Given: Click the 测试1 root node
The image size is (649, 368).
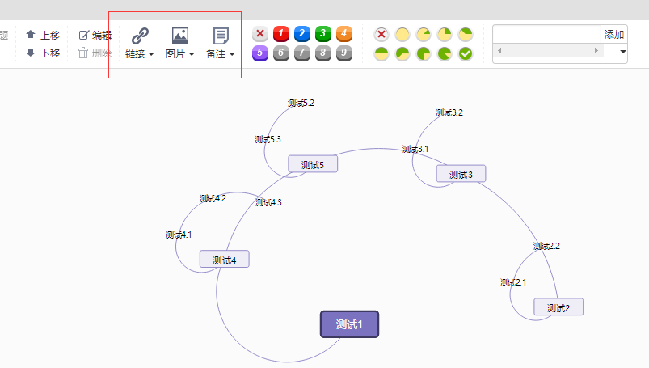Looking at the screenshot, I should (x=349, y=324).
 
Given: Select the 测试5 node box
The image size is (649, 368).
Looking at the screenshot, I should (x=313, y=164).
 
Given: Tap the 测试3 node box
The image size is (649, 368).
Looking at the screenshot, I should (x=461, y=174).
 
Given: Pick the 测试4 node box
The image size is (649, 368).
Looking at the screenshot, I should (x=224, y=260).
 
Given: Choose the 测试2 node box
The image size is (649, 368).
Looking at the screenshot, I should (x=558, y=307).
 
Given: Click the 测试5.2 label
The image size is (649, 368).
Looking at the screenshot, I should (x=301, y=103).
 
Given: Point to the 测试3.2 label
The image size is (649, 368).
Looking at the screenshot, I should (x=449, y=112).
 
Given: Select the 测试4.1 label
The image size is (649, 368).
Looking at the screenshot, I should (x=179, y=235).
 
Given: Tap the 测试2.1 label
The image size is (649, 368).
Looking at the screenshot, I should (x=513, y=282).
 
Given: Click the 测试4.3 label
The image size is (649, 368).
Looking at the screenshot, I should (x=268, y=202).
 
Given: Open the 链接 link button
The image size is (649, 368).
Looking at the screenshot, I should (x=140, y=43).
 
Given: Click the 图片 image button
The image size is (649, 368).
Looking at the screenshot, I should (x=180, y=43).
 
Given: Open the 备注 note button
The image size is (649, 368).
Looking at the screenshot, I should (x=221, y=43).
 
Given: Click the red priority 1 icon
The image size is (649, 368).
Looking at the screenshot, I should (x=281, y=34).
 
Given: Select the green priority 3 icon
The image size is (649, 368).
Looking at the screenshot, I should (x=323, y=34).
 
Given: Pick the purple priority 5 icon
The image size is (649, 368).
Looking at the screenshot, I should (x=260, y=53).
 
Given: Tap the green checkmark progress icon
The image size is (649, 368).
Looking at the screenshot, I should (x=466, y=54).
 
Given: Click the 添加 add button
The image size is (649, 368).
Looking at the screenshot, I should (x=614, y=34).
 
